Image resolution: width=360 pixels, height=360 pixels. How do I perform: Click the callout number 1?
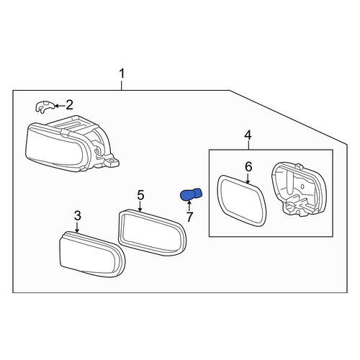tap(122, 73)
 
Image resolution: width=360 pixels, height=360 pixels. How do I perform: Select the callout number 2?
tap(70, 105)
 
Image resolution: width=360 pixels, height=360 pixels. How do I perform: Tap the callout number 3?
tap(77, 216)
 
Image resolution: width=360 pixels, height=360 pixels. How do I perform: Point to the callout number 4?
tap(248, 135)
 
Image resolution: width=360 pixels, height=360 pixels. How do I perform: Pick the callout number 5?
tap(140, 195)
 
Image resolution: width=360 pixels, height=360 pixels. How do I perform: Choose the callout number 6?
tap(248, 167)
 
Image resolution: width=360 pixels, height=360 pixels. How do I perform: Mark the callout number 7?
tap(189, 217)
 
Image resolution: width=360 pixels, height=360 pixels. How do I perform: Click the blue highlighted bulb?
tap(191, 194)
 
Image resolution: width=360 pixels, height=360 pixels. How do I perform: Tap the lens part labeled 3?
tap(92, 254)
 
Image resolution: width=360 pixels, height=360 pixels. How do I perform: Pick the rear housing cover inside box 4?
tap(299, 189)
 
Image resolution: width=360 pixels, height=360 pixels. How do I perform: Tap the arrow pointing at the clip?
tap(60, 105)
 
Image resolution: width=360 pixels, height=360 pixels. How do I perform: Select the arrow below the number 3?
tap(77, 227)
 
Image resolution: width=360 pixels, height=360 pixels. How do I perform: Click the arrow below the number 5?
tap(140, 207)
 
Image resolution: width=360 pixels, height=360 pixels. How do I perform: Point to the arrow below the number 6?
tap(248, 179)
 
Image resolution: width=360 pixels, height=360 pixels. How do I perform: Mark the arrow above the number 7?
tap(189, 207)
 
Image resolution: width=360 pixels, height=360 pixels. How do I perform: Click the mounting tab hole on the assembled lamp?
tap(111, 160)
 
